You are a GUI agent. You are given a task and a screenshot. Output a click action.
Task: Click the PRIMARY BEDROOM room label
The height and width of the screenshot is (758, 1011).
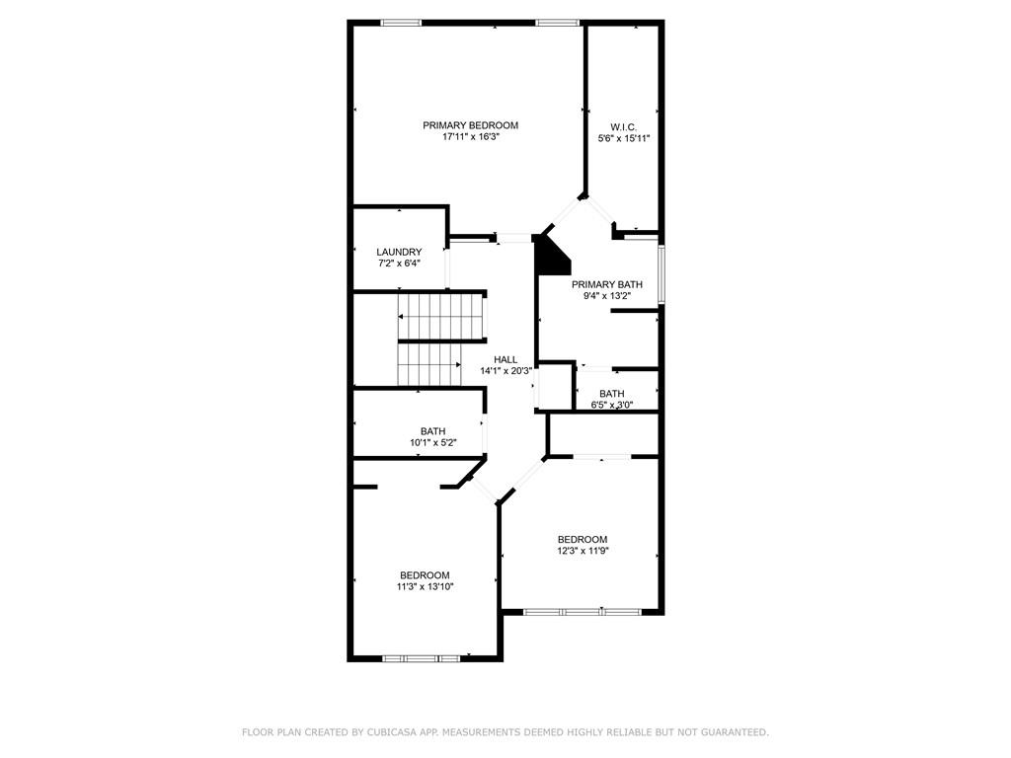470,125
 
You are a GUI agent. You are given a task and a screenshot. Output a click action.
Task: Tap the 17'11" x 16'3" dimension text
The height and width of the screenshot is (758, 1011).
471,137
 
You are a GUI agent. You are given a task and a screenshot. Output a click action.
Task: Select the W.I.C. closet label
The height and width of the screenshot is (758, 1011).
623,127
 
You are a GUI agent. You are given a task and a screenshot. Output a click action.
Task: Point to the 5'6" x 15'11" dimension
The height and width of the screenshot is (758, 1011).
623,139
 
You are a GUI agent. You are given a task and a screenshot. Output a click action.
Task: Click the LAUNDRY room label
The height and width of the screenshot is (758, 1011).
399,252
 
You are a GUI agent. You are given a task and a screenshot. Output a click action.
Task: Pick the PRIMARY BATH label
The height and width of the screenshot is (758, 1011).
607,284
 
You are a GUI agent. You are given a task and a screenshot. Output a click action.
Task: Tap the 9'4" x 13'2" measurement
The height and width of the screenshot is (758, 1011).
607,296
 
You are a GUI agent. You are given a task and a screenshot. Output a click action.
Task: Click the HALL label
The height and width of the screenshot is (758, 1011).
505,359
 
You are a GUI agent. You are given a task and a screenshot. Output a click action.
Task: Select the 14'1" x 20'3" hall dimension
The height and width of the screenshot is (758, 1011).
505,371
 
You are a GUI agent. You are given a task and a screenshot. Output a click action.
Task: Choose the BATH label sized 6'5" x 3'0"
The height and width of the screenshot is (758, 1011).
611,394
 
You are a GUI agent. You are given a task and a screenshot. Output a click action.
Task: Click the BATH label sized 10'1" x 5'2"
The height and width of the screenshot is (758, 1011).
432,431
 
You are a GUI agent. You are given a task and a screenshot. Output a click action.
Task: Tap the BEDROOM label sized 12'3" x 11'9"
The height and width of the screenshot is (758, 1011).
583,539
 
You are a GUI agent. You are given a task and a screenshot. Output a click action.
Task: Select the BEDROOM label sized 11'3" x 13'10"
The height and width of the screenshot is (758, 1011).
425,575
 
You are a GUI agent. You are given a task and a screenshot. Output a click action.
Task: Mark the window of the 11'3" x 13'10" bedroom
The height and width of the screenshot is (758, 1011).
421,658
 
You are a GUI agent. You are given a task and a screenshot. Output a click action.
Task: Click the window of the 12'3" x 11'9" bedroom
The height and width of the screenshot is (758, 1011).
582,612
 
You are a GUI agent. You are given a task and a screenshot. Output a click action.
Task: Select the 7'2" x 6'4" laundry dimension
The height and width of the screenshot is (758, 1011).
399,264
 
